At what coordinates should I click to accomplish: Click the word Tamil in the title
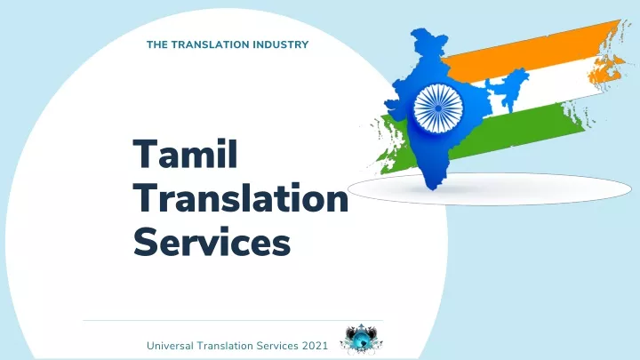coord(185,154)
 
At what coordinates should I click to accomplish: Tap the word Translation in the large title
coord(241,198)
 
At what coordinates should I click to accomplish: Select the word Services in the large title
coord(212,242)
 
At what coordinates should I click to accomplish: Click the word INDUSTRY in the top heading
coord(281,44)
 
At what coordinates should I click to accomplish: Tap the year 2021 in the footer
coord(315,346)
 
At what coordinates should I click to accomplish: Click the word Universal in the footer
coord(170,346)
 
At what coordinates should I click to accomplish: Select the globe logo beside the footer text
coord(361,339)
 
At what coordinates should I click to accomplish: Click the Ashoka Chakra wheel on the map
coord(438,108)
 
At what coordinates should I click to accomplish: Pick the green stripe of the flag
coord(490,135)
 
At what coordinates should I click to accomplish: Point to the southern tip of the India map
coord(432,188)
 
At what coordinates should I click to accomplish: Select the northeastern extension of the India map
coord(508,88)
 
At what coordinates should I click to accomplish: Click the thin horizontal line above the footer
coord(233,320)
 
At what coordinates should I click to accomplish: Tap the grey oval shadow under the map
coord(490,189)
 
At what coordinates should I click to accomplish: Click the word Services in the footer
coord(277,346)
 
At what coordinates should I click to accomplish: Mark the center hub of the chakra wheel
coord(438,108)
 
